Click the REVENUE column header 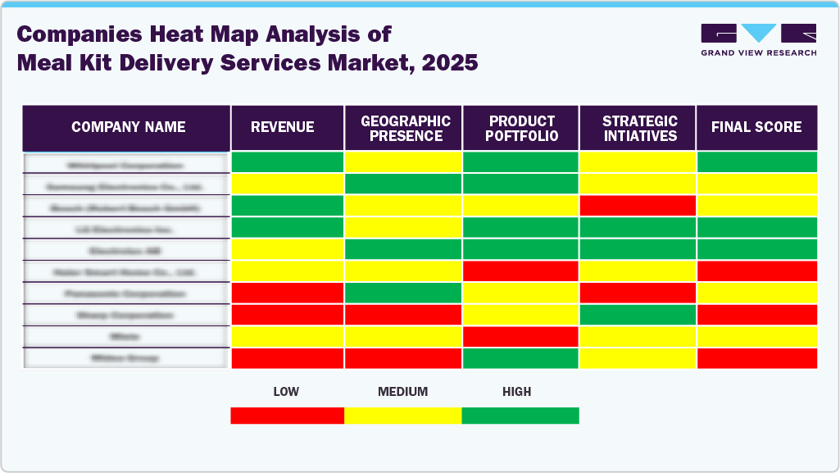(x=287, y=127)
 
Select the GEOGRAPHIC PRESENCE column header (x=405, y=128)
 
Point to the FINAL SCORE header (x=756, y=127)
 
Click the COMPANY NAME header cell (x=128, y=127)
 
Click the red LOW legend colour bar (x=287, y=416)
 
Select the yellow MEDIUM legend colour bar (x=402, y=416)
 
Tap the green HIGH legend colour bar (x=520, y=416)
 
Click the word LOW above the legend (x=287, y=392)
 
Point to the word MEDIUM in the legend (x=402, y=392)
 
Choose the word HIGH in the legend (x=516, y=392)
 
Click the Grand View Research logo (x=758, y=39)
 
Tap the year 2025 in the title (x=448, y=62)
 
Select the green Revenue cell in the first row (x=287, y=162)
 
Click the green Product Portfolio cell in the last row (x=520, y=358)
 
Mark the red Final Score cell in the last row (x=756, y=358)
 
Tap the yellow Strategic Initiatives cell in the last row (x=638, y=358)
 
